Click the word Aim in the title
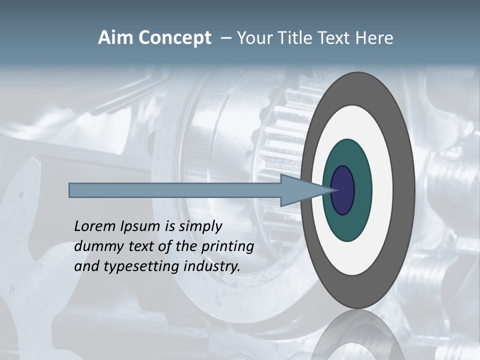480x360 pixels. [116, 38]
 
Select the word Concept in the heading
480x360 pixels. [174, 38]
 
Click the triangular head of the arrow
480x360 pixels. [300, 190]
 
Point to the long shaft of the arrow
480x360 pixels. [175, 190]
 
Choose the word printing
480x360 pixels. [227, 247]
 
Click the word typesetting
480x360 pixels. [141, 267]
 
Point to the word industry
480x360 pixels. [211, 267]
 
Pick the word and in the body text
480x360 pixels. [85, 266]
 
